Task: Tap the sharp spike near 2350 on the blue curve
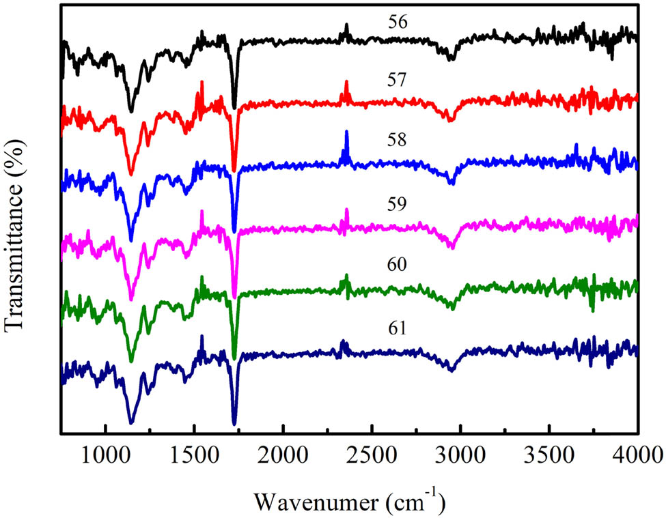(346, 133)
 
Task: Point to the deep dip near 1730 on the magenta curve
(234, 296)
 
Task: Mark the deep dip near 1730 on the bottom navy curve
(234, 422)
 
